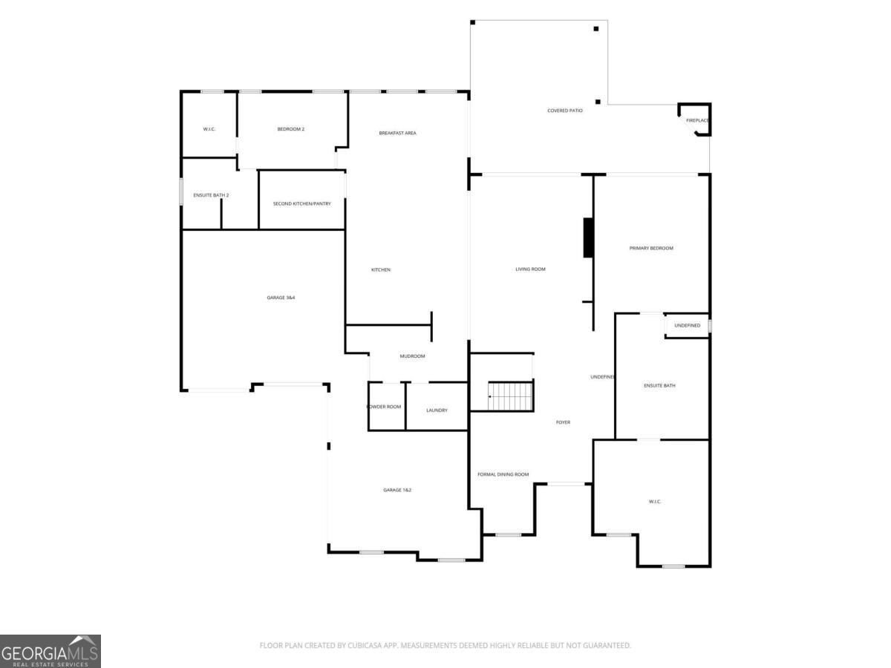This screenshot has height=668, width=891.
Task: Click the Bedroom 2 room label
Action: [290, 129]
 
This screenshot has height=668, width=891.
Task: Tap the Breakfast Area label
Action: [397, 133]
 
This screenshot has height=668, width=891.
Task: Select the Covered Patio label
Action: [564, 111]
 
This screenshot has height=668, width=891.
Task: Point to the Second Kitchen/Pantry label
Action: [301, 203]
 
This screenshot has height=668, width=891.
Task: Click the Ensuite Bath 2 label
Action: [211, 195]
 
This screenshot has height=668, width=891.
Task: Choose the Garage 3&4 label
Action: [281, 298]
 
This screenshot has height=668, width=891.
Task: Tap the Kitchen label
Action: [380, 269]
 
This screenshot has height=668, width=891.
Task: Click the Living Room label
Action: [530, 269]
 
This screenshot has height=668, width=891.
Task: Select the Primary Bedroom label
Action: [650, 248]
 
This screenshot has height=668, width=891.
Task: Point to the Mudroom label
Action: [412, 356]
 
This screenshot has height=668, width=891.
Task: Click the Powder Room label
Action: [384, 407]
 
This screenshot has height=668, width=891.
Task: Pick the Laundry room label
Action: [437, 410]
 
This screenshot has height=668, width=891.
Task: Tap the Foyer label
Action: [563, 422]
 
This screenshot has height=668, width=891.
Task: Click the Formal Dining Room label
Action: [503, 474]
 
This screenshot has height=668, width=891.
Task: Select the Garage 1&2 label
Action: [396, 490]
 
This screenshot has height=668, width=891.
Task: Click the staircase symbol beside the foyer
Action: [510, 396]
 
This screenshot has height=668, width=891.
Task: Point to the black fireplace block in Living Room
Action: [588, 238]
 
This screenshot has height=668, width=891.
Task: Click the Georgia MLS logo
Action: [50, 651]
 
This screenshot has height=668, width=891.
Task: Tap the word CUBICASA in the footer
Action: [363, 645]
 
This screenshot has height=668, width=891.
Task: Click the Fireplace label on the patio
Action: [697, 120]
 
